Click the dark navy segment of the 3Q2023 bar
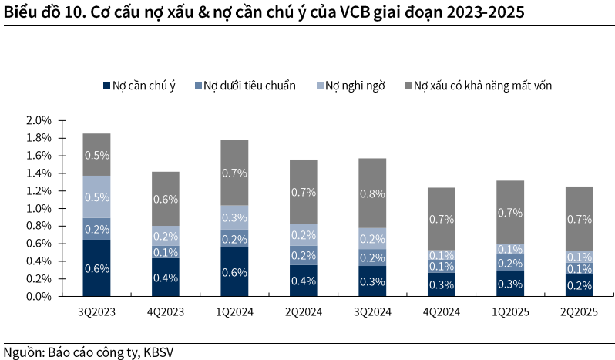click(x=96, y=267)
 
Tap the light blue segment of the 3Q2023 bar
click(x=96, y=197)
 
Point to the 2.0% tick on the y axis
click(x=38, y=121)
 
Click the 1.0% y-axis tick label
click(x=38, y=208)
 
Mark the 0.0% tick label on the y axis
click(x=38, y=296)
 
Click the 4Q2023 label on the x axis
click(x=165, y=312)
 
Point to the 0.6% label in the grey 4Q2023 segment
click(x=165, y=199)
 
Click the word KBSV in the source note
click(x=163, y=352)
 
